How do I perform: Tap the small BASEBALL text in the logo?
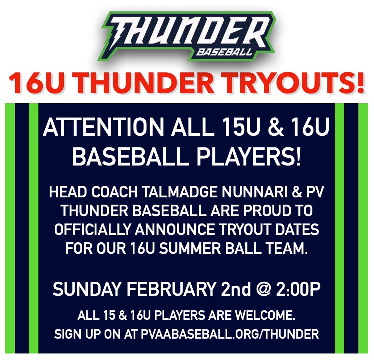tap(224, 52)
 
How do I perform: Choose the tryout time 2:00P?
tap(299, 290)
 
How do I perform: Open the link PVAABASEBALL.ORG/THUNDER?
tap(230, 334)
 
